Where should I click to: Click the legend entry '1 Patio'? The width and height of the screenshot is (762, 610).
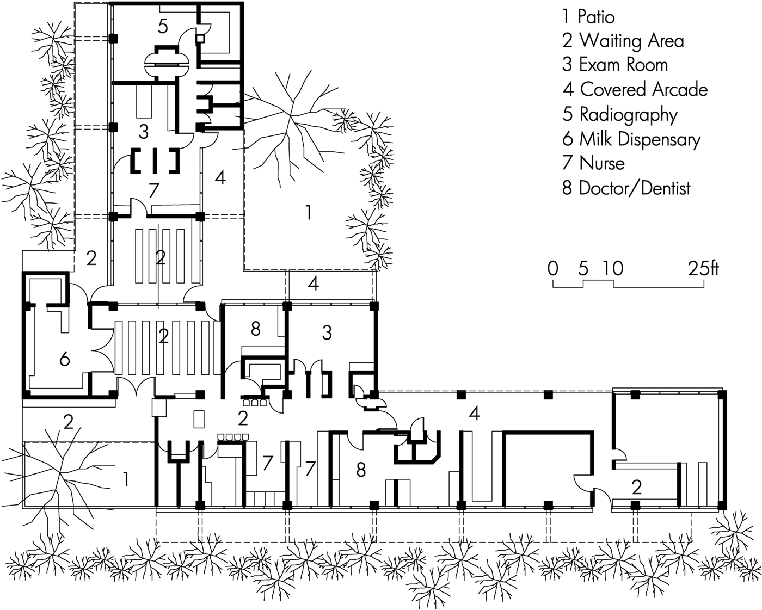(x=588, y=17)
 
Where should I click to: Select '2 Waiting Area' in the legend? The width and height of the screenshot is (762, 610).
(x=623, y=41)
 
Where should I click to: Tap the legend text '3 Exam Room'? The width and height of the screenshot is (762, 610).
(x=615, y=65)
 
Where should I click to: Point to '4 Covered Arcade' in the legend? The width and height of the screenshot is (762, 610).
(x=635, y=89)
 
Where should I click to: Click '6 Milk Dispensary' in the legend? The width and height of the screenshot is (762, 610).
(x=631, y=139)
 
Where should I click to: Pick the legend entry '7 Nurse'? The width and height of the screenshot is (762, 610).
(x=593, y=163)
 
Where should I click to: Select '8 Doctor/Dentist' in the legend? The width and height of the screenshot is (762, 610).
(x=626, y=188)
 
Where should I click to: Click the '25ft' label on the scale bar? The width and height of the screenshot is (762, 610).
(x=704, y=269)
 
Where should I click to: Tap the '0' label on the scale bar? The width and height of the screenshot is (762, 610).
(x=553, y=269)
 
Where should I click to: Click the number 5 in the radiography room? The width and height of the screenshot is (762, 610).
(x=163, y=27)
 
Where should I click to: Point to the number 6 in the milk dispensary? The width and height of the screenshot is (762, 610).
(x=64, y=359)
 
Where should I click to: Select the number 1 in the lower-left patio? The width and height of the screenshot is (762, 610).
(x=125, y=479)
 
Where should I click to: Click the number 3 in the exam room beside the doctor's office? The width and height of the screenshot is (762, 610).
(x=327, y=333)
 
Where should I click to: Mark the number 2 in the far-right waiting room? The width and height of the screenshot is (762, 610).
(x=637, y=488)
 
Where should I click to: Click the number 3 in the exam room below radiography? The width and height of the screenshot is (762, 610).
(x=143, y=132)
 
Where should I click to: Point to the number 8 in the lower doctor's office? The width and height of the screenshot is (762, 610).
(x=361, y=470)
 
